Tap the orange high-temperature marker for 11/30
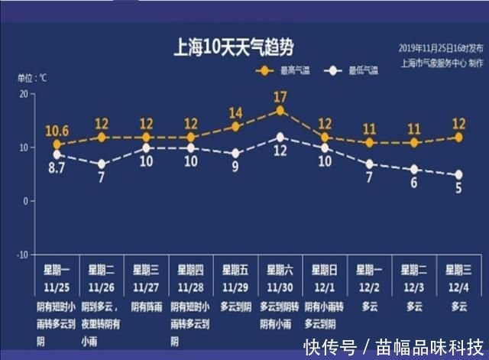(280, 110)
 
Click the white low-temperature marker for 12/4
(458, 174)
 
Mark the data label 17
(280, 96)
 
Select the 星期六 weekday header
(280, 270)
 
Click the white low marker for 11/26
(102, 164)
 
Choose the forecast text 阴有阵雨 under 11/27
(147, 306)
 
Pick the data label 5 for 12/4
(458, 188)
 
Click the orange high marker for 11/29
(235, 126)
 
